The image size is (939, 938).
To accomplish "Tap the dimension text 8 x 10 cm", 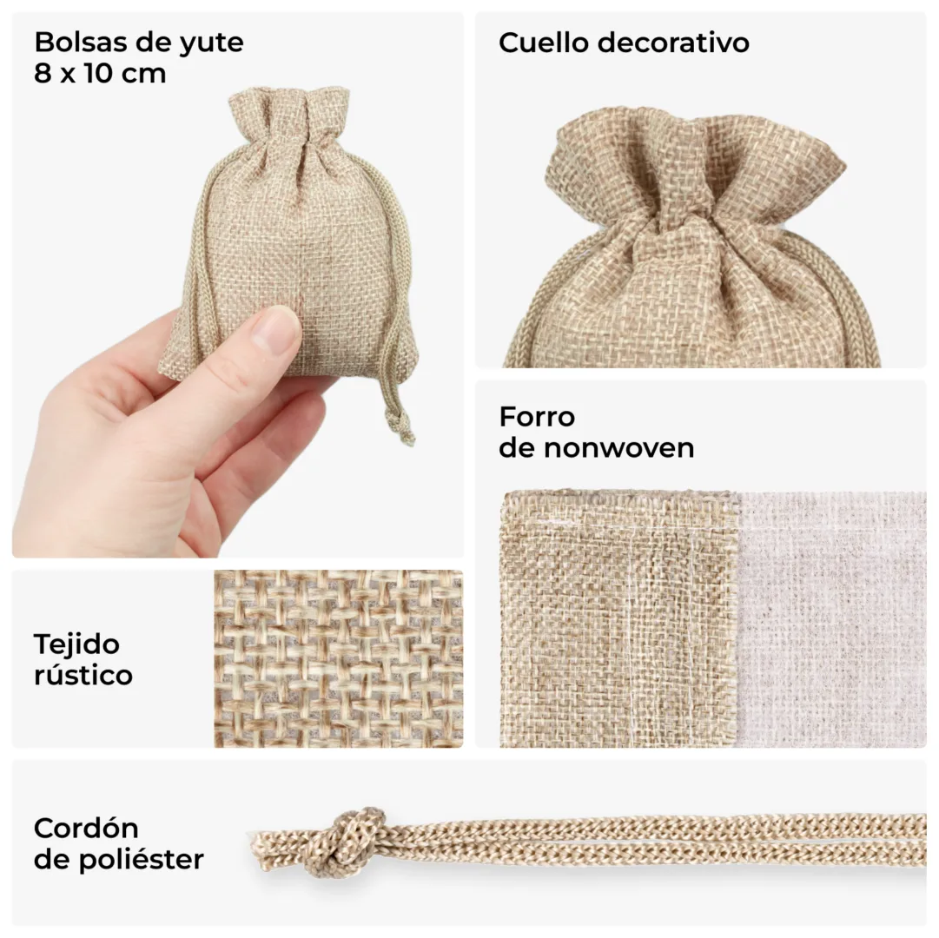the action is (x=100, y=74).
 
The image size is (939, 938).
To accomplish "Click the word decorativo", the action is (x=673, y=43).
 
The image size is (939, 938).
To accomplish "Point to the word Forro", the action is (x=537, y=416).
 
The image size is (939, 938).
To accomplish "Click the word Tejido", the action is (x=76, y=645).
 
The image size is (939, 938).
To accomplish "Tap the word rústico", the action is (x=83, y=675).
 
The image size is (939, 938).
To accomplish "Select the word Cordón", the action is (x=86, y=829).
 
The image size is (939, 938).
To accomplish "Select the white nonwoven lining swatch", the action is (x=831, y=619).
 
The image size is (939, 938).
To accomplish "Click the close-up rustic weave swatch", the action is (x=339, y=658).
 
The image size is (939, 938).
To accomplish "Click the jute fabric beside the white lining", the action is (x=618, y=619).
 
